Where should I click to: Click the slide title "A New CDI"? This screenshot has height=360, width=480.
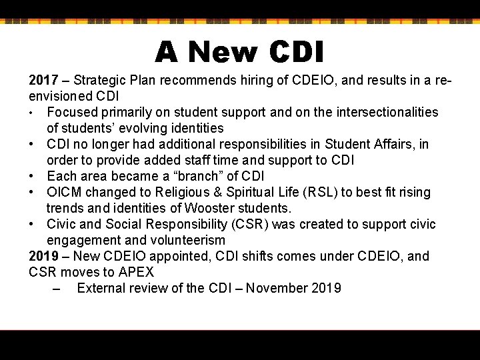[x=239, y=51]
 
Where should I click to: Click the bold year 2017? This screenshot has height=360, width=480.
[x=43, y=81]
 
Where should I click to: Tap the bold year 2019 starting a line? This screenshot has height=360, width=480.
[x=43, y=257]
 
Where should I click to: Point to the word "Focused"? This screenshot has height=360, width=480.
[x=71, y=112]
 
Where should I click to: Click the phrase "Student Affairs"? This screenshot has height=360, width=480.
[x=378, y=144]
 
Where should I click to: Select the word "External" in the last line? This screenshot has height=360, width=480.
[x=101, y=289]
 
